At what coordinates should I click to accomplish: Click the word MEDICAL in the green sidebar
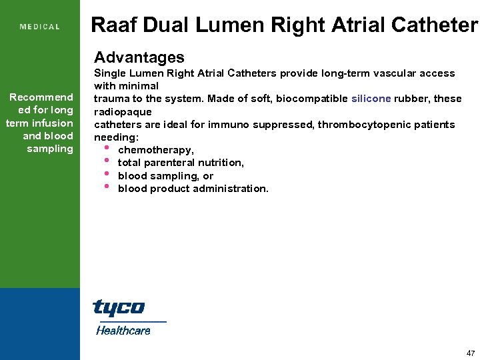[40, 27]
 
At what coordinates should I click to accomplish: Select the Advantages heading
[139, 57]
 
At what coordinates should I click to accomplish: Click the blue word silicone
[371, 99]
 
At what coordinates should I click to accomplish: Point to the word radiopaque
[123, 112]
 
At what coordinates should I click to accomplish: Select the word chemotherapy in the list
[156, 150]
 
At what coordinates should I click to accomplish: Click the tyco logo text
[119, 308]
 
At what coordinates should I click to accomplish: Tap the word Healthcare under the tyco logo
[123, 330]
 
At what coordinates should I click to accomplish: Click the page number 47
[471, 353]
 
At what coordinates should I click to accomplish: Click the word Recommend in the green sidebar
[41, 97]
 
